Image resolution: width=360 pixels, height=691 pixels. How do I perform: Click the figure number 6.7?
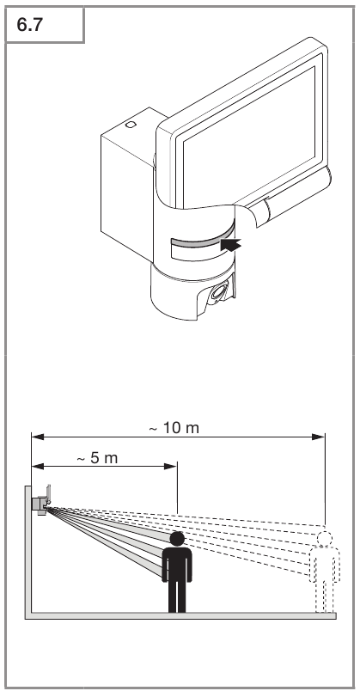point(29,25)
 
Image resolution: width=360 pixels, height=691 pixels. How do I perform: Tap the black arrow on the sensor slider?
point(231,245)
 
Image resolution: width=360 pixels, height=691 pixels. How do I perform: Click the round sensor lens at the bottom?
point(218,292)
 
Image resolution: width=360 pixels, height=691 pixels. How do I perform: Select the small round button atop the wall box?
point(131,125)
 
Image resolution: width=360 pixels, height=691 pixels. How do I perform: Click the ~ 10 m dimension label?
point(174,427)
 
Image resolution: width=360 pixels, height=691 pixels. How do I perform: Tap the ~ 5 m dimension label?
point(97,458)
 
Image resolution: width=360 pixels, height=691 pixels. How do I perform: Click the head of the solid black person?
point(177,539)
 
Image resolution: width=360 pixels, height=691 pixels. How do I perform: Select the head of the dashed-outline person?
point(325,539)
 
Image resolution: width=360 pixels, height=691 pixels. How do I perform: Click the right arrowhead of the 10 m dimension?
point(318,437)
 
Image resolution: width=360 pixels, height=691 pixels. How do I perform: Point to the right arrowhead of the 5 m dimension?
point(170,466)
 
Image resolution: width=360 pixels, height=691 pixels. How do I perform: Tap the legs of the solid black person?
point(177,596)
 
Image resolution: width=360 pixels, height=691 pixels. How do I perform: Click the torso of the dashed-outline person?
point(325,565)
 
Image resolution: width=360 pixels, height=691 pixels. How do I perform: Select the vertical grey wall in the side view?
point(27,552)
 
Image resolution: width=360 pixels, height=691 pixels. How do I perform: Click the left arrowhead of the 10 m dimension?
point(38,437)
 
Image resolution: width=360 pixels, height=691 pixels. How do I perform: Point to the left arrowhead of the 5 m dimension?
point(38,466)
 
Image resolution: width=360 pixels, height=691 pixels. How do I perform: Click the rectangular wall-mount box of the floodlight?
point(128,185)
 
